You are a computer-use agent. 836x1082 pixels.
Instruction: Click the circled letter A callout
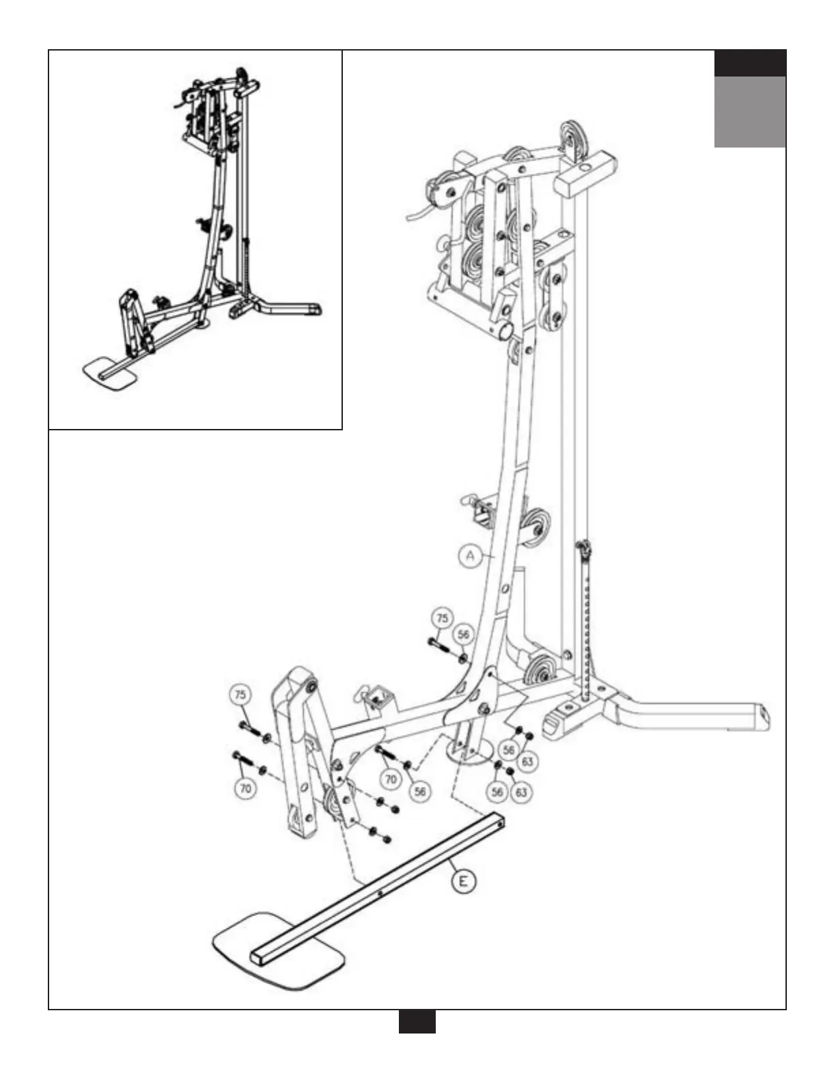pyautogui.click(x=470, y=556)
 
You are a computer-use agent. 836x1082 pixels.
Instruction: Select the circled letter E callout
pyautogui.click(x=464, y=881)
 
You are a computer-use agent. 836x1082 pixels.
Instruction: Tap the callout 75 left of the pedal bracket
pyautogui.click(x=240, y=695)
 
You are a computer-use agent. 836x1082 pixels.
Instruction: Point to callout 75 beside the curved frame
pyautogui.click(x=443, y=619)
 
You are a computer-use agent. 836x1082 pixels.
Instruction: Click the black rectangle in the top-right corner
pyautogui.click(x=750, y=64)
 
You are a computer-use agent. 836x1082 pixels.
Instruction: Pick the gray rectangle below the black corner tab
pyautogui.click(x=750, y=111)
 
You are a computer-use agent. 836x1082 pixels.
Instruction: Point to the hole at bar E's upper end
pyautogui.click(x=502, y=824)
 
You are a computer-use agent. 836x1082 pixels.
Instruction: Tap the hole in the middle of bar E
pyautogui.click(x=380, y=892)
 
